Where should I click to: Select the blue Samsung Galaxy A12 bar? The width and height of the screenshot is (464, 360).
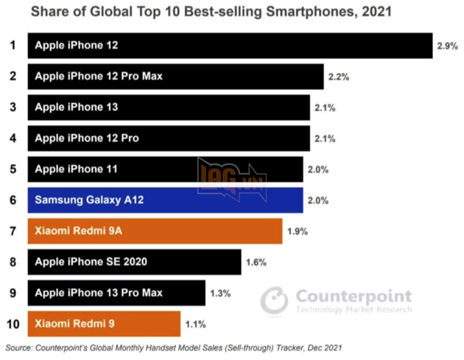tap(166, 200)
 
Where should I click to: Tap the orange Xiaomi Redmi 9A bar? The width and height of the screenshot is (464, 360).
tap(155, 230)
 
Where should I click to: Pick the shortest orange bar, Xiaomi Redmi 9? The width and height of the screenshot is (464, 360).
tap(104, 323)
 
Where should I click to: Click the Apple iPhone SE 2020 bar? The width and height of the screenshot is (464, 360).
tap(135, 261)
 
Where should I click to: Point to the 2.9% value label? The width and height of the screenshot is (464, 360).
tap(446, 46)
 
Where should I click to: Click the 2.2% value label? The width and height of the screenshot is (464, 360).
tap(338, 77)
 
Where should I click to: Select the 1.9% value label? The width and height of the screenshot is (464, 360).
tap(296, 231)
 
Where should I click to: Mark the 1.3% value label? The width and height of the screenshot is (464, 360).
tap(220, 293)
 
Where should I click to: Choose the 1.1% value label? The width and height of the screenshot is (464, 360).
tap(194, 324)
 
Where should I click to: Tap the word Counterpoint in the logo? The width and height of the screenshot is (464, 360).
tap(354, 296)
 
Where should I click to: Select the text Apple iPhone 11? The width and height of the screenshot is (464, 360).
tap(77, 169)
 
